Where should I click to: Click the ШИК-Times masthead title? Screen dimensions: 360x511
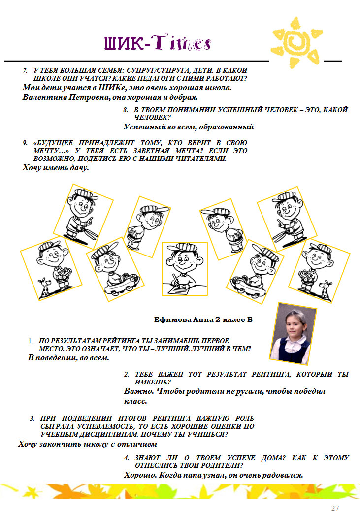(158, 42)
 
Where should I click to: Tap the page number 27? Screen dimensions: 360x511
(335, 508)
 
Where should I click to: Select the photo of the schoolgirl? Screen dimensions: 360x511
(293, 334)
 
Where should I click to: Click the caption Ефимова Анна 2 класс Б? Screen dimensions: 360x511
(203, 319)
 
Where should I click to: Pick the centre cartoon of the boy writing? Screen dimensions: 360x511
(185, 269)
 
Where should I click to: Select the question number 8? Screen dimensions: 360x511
(126, 110)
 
